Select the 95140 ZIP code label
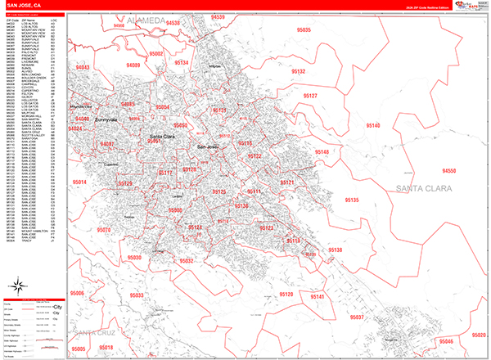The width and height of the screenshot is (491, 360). click(372, 125)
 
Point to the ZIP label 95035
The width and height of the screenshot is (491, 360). click(304, 30)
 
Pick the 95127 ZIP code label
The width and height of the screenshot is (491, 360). click(313, 96)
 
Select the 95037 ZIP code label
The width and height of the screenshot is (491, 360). click(358, 317)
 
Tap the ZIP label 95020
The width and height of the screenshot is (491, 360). click(477, 335)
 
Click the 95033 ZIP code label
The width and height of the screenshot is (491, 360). click(136, 295)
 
